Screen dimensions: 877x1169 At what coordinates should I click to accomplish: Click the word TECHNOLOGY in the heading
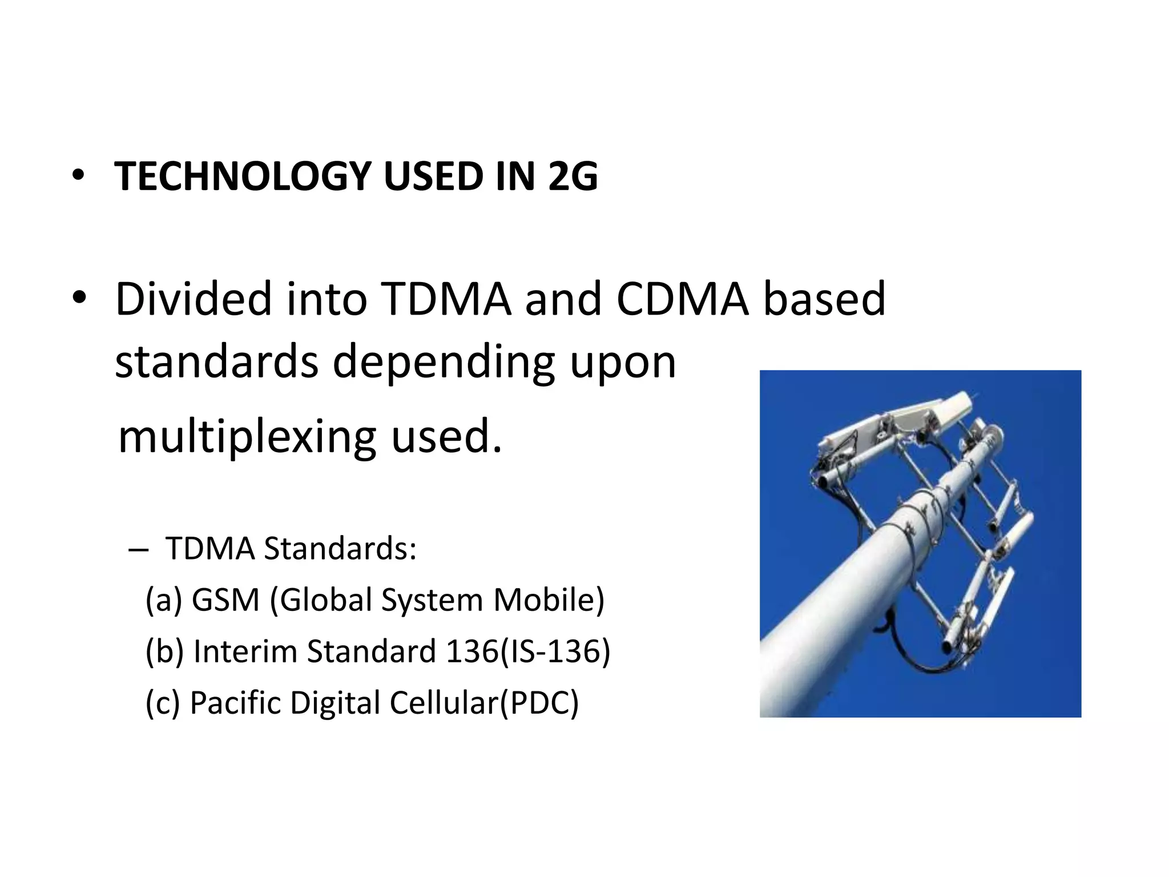pyautogui.click(x=243, y=176)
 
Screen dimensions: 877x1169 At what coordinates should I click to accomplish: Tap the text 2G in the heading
pyautogui.click(x=573, y=176)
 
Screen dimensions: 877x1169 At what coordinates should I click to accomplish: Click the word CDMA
pyautogui.click(x=682, y=299)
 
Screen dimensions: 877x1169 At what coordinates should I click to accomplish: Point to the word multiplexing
pyautogui.click(x=247, y=437)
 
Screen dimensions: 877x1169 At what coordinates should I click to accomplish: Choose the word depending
pyautogui.click(x=444, y=363)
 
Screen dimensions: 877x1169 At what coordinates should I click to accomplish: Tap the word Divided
pyautogui.click(x=194, y=299)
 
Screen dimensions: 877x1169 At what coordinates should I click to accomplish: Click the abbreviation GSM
pyautogui.click(x=225, y=600)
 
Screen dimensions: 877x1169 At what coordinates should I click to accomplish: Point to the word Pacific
pyautogui.click(x=235, y=703)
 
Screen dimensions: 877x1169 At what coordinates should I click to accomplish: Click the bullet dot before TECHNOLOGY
pyautogui.click(x=78, y=176)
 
